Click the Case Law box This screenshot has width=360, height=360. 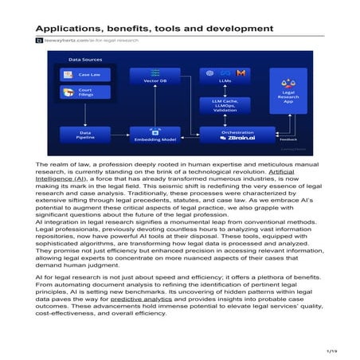click(x=79, y=74)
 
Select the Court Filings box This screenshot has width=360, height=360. click(x=79, y=93)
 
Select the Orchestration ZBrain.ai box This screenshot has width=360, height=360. click(x=230, y=133)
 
